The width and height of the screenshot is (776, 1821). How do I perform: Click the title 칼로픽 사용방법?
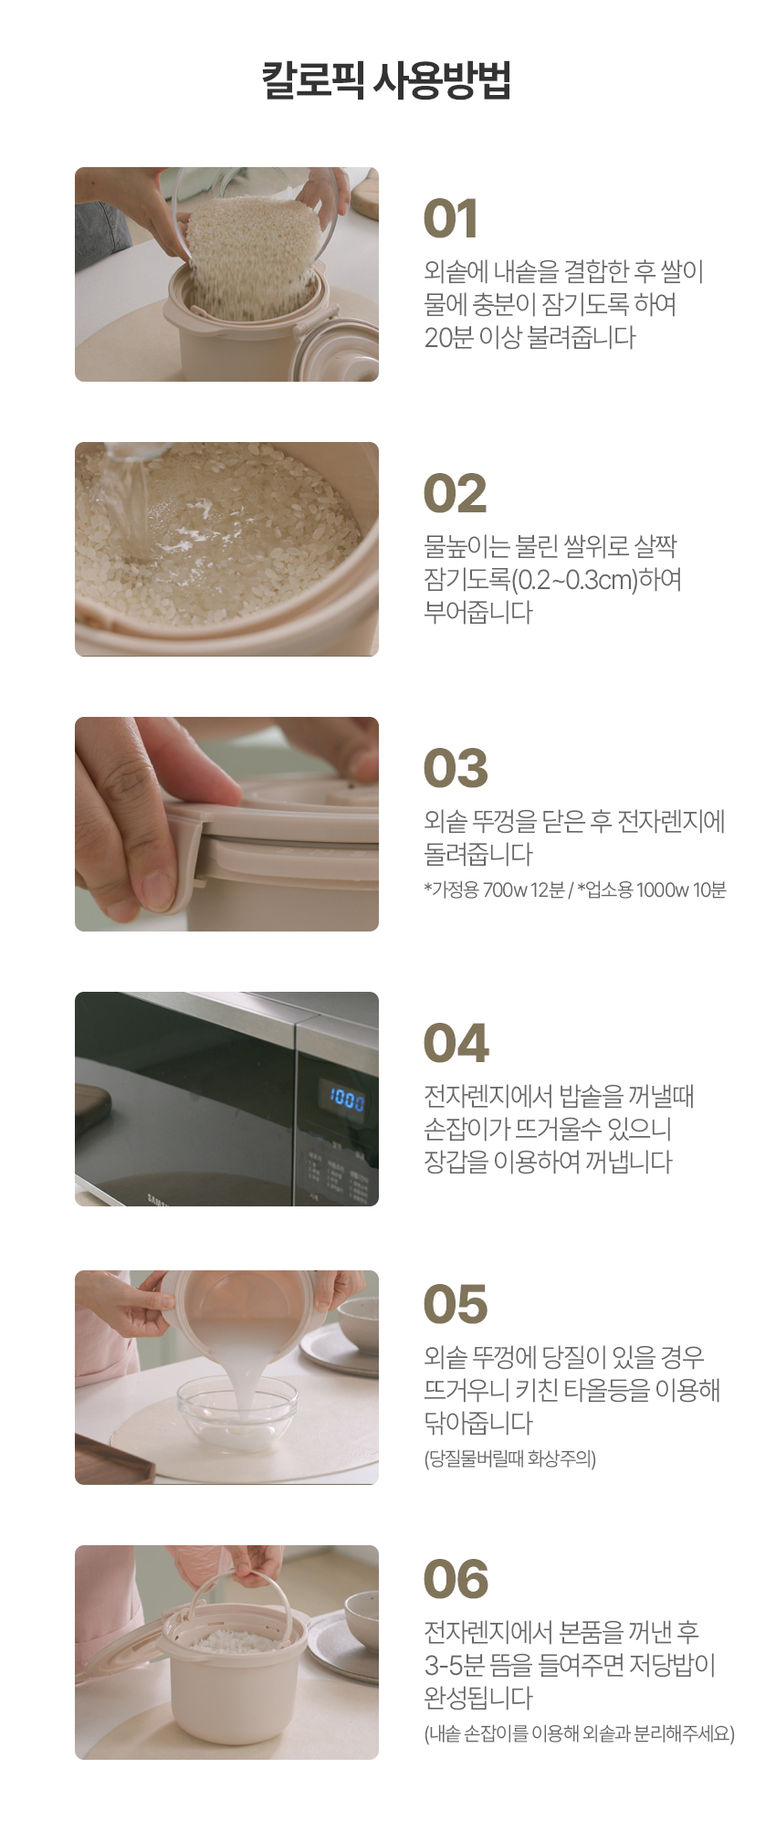point(386,80)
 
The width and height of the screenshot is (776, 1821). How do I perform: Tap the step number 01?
point(451,220)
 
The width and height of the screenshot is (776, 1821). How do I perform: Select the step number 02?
point(455,494)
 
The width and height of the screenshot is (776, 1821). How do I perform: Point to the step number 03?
point(455,768)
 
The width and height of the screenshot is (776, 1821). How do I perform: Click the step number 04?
point(456,1044)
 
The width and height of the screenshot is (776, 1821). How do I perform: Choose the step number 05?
point(455,1305)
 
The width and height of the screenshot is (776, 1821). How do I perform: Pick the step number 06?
point(456,1580)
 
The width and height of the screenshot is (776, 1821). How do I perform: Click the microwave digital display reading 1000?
point(347,1098)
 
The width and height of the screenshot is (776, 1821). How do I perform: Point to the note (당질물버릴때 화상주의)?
point(509,1458)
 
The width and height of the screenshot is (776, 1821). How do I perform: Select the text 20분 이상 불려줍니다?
point(530,338)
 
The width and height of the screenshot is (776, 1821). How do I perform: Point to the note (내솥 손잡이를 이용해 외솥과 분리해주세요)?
point(579,1733)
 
